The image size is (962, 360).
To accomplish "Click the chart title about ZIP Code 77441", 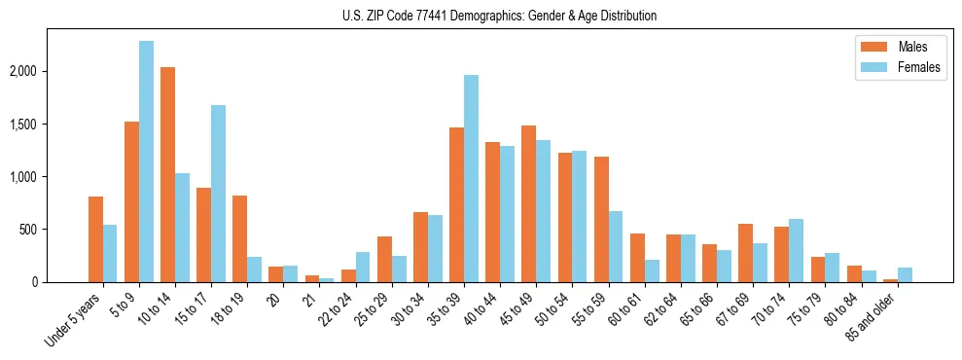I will pyautogui.click(x=499, y=16).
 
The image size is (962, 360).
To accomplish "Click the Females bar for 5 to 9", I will pyautogui.click(x=146, y=162).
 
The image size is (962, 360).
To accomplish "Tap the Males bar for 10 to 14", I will pyautogui.click(x=167, y=175).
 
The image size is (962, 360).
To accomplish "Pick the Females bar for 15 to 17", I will pyautogui.click(x=218, y=194).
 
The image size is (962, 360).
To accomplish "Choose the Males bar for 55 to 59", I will pyautogui.click(x=601, y=220).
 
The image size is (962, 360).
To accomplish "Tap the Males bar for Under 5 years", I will pyautogui.click(x=95, y=239).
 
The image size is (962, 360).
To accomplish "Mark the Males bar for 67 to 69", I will pyautogui.click(x=745, y=253).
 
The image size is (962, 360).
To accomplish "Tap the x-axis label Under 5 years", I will pyautogui.click(x=72, y=322).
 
